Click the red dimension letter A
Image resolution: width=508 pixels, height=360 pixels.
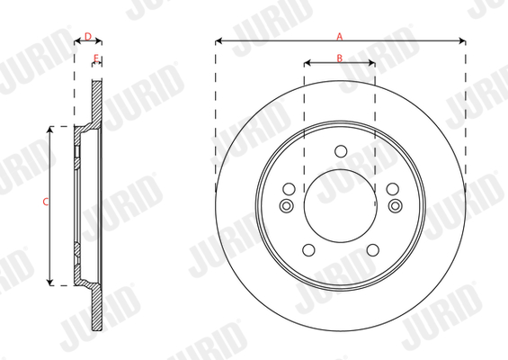click(x=339, y=36)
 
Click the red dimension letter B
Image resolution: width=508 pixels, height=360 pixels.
click(x=339, y=58)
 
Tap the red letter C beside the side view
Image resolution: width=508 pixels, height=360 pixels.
click(x=46, y=202)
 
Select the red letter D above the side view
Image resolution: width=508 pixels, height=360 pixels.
click(x=88, y=36)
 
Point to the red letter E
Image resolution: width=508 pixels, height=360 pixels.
click(x=96, y=58)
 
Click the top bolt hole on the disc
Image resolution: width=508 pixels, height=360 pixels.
click(x=341, y=151)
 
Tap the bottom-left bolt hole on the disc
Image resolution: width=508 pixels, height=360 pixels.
click(x=308, y=249)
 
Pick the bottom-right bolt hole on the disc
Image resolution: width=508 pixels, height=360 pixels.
click(x=373, y=249)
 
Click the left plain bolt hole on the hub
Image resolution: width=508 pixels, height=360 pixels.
click(x=289, y=189)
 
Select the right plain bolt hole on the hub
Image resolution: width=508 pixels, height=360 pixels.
click(x=393, y=189)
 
